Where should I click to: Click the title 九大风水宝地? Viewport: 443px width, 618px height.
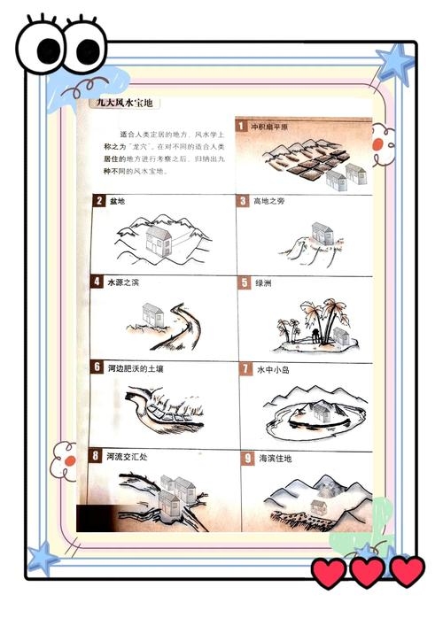[126, 104]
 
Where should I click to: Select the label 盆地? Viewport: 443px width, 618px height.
[115, 201]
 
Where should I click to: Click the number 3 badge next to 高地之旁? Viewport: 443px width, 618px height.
[242, 201]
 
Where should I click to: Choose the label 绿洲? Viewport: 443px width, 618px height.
[264, 283]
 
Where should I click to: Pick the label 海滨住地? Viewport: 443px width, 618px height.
[276, 459]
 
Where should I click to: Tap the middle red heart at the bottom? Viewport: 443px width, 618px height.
[367, 571]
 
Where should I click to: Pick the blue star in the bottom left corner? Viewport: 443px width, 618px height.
[43, 558]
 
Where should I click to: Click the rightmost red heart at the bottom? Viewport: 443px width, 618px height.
[407, 571]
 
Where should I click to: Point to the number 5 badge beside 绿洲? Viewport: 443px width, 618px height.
[245, 283]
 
